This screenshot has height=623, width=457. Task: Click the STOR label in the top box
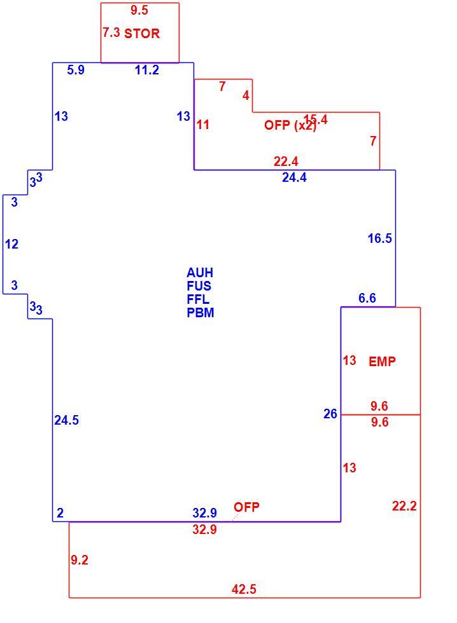tap(142, 33)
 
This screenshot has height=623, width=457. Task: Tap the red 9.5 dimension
tap(139, 10)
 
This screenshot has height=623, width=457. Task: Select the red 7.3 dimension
tap(111, 32)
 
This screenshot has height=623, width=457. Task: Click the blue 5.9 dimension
tap(76, 71)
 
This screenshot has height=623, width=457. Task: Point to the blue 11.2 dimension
tap(147, 71)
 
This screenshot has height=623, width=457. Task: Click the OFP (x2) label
tap(290, 125)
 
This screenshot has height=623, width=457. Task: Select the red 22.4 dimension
tap(286, 161)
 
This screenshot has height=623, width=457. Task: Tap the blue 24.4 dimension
tap(294, 177)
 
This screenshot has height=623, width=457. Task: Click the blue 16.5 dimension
tap(380, 238)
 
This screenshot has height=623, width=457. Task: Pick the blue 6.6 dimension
tap(367, 298)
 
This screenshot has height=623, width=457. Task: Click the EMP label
tap(383, 362)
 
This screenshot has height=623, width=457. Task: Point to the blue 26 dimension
tap(330, 414)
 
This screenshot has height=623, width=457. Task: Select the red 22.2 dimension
tap(404, 506)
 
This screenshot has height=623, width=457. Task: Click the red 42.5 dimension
tap(244, 589)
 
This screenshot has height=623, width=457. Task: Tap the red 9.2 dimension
tap(80, 560)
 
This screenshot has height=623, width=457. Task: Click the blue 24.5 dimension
tap(66, 420)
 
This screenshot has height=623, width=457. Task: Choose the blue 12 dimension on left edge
tap(12, 244)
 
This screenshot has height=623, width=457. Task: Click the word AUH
tap(200, 273)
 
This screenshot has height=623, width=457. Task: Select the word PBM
tap(200, 313)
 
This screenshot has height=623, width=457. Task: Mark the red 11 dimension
tap(203, 125)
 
